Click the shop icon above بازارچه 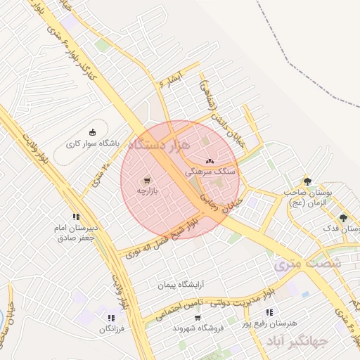point(146,179)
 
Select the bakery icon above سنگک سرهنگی point(210,160)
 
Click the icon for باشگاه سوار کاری point(92,131)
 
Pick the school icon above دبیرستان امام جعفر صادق point(76,217)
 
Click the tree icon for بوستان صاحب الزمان point(307,181)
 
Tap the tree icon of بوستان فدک point(343,218)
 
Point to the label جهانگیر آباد point(297,342)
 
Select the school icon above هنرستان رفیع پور point(269,312)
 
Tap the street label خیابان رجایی point(221,200)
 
